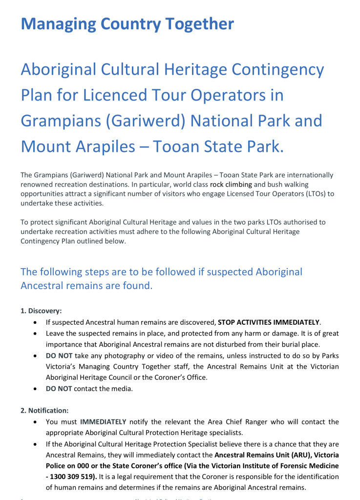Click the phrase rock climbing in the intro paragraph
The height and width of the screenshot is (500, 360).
231,185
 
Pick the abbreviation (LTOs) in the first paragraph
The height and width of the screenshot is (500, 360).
311,194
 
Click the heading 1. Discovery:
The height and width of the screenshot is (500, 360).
41,311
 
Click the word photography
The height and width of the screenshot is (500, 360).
124,355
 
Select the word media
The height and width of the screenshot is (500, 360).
123,389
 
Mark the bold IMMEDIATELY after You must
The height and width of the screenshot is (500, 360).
103,421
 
